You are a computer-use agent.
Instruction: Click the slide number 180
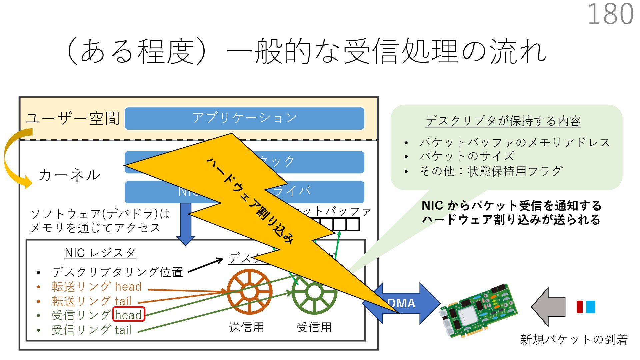[610, 14]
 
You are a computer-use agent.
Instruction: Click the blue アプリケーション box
[244, 118]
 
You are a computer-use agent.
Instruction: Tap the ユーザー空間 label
[73, 118]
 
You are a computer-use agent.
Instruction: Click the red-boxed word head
[129, 315]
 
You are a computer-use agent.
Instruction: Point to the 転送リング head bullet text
[96, 287]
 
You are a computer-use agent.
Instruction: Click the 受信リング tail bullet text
[91, 330]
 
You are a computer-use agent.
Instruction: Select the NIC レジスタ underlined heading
[100, 253]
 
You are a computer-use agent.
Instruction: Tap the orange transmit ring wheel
[249, 292]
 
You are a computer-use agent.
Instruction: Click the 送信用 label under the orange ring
[246, 327]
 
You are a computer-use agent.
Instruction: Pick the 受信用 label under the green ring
[314, 327]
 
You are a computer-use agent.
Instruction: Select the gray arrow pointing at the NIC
[548, 307]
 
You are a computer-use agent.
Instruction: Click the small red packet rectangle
[580, 307]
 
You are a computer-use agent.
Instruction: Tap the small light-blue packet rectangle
[590, 307]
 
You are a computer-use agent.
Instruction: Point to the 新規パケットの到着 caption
[574, 340]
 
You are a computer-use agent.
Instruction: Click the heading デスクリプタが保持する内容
[503, 121]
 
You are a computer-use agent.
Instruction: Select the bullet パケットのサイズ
[467, 156]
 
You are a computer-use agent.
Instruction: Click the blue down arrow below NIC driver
[186, 223]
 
